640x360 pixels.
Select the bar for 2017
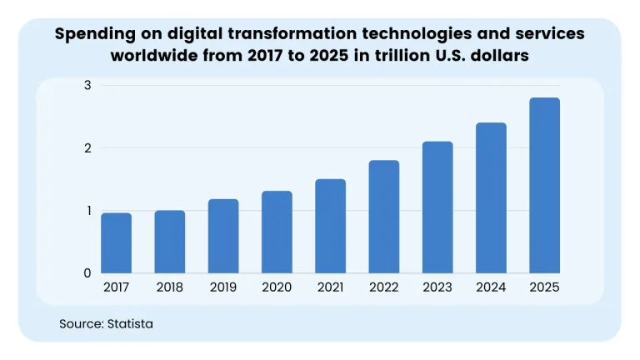point(116,243)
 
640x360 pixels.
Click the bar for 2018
point(170,242)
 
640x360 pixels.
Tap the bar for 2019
point(223,236)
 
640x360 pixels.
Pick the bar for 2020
point(277,232)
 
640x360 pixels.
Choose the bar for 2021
point(331,226)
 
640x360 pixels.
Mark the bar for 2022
point(384,217)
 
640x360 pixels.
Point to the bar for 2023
point(437,207)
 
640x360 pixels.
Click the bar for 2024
point(491,198)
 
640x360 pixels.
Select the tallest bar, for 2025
point(544,186)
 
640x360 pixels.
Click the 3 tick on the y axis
point(87,86)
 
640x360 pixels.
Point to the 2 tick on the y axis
point(87,148)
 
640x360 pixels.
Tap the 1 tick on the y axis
point(87,211)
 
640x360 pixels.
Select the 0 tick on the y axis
point(87,273)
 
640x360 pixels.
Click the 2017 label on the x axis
point(116,287)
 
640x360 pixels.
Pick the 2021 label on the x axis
point(331,287)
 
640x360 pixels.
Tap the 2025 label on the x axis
point(544,287)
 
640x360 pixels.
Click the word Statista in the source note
point(131,323)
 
